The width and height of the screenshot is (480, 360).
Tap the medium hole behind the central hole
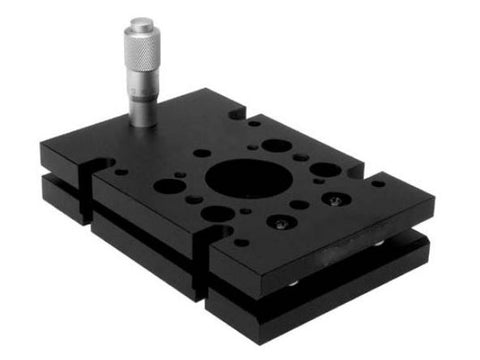tap(276, 146)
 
